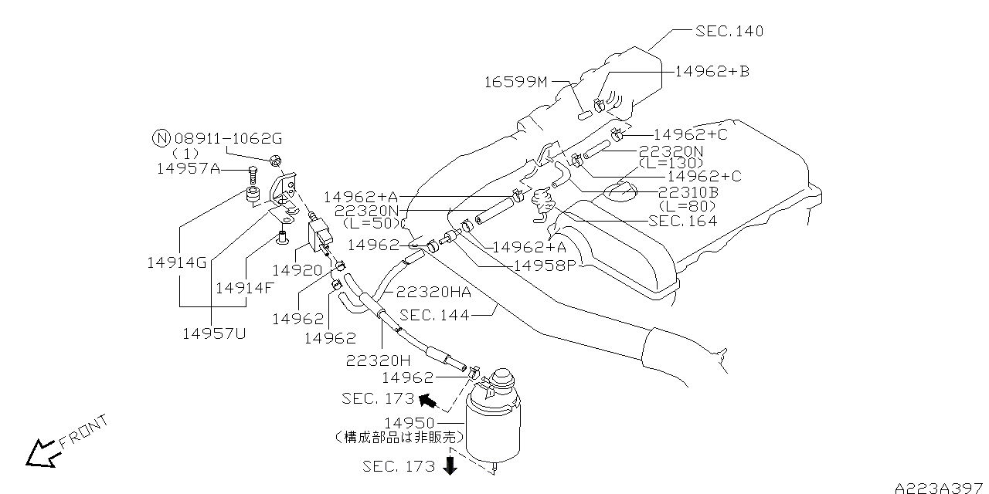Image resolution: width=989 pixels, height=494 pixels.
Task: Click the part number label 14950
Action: [x=410, y=424]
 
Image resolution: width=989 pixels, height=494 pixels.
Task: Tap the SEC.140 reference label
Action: [x=729, y=32]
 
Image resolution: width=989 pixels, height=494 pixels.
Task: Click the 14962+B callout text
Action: [x=711, y=71]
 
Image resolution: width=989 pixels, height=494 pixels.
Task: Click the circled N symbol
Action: [x=161, y=139]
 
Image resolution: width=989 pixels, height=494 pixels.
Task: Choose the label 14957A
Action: [x=188, y=168]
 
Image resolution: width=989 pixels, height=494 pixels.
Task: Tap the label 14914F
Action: [x=244, y=288]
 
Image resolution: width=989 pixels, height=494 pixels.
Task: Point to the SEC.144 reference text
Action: [x=434, y=315]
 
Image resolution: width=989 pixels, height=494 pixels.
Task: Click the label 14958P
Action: [x=545, y=265]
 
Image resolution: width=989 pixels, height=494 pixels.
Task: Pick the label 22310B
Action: [x=688, y=192]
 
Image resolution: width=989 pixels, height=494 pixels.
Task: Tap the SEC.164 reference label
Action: [x=682, y=221]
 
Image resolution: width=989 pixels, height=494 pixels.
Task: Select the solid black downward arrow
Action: [x=450, y=465]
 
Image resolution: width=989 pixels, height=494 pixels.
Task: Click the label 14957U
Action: [x=214, y=333]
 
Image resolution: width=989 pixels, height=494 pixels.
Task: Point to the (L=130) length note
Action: [x=671, y=164]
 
